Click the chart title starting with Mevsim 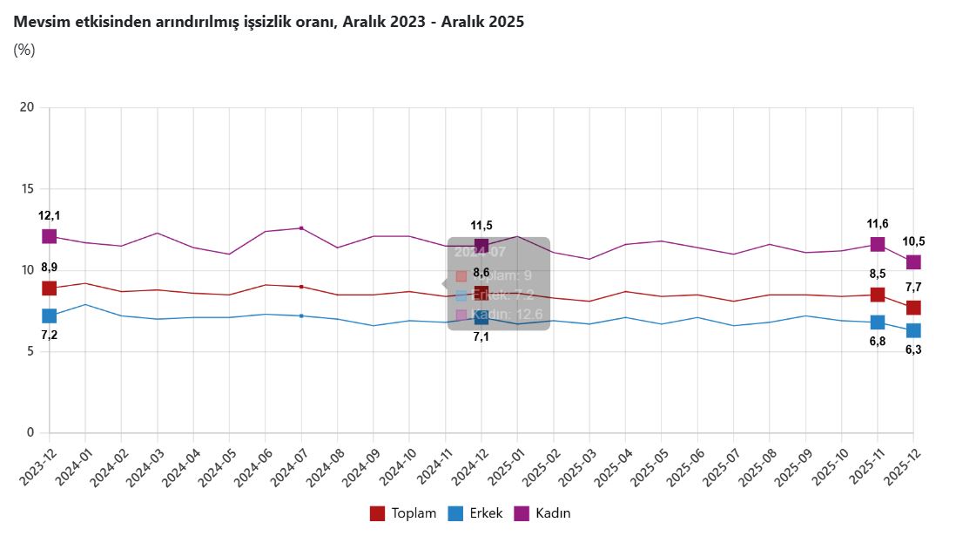(269, 23)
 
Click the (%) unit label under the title (24, 50)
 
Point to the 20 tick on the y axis (27, 107)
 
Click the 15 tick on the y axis (27, 188)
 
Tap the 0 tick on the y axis (30, 432)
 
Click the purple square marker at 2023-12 (50, 236)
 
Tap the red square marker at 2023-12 (50, 288)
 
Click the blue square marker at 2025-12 (913, 330)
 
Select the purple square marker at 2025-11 (878, 244)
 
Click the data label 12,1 (50, 215)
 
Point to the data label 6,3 (913, 350)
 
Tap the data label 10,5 (913, 241)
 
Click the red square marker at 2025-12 (913, 308)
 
